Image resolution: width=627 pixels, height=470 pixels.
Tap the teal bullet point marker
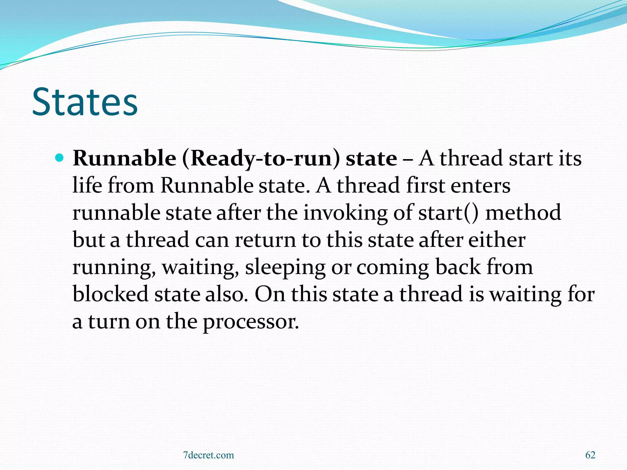click(x=59, y=158)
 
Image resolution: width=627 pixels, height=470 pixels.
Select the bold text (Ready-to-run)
click(x=261, y=159)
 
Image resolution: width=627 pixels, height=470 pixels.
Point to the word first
click(x=425, y=185)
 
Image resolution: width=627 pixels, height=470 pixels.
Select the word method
click(x=523, y=213)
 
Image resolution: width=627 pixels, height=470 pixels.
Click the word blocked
click(x=111, y=294)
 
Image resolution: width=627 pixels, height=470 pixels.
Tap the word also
click(x=226, y=294)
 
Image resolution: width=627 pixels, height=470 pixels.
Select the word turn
click(x=109, y=322)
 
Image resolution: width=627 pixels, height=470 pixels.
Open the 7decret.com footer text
click(x=208, y=455)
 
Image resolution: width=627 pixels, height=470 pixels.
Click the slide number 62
click(x=590, y=455)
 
